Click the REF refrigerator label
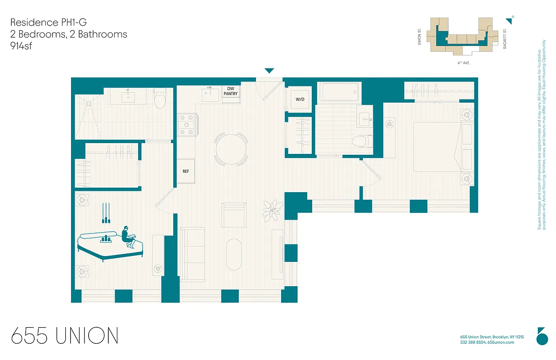click(185, 171)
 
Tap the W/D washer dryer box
click(300, 99)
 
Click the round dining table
click(231, 148)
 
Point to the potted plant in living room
click(273, 210)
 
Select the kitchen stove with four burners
click(187, 125)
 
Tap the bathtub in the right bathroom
click(340, 92)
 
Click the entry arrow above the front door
click(269, 71)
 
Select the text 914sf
click(23, 46)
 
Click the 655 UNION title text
click(65, 336)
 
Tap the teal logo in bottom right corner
click(542, 336)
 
